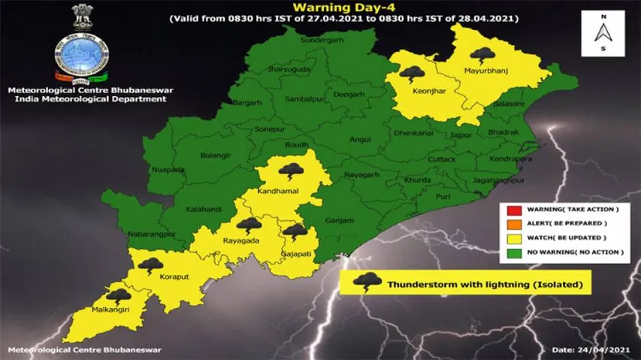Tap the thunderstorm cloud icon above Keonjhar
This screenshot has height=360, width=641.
411,74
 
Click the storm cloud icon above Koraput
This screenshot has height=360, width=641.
153,265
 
